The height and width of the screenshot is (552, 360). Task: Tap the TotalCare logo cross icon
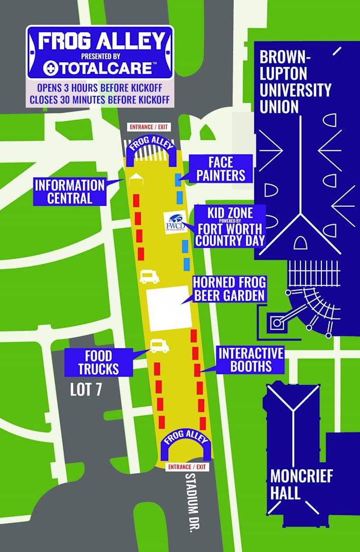tap(50, 67)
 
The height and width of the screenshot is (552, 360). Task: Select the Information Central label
tap(69, 191)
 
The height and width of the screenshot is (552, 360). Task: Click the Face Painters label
tap(220, 168)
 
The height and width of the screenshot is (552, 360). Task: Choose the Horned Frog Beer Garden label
tap(229, 289)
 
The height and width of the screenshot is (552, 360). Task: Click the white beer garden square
tap(169, 308)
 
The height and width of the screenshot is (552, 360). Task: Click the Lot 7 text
tap(86, 389)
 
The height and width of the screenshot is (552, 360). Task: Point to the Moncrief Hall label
tap(301, 484)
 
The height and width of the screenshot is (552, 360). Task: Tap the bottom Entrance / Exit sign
tap(187, 467)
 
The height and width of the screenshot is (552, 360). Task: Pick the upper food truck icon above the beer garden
tap(149, 277)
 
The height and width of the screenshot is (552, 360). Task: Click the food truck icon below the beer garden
tap(159, 346)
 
